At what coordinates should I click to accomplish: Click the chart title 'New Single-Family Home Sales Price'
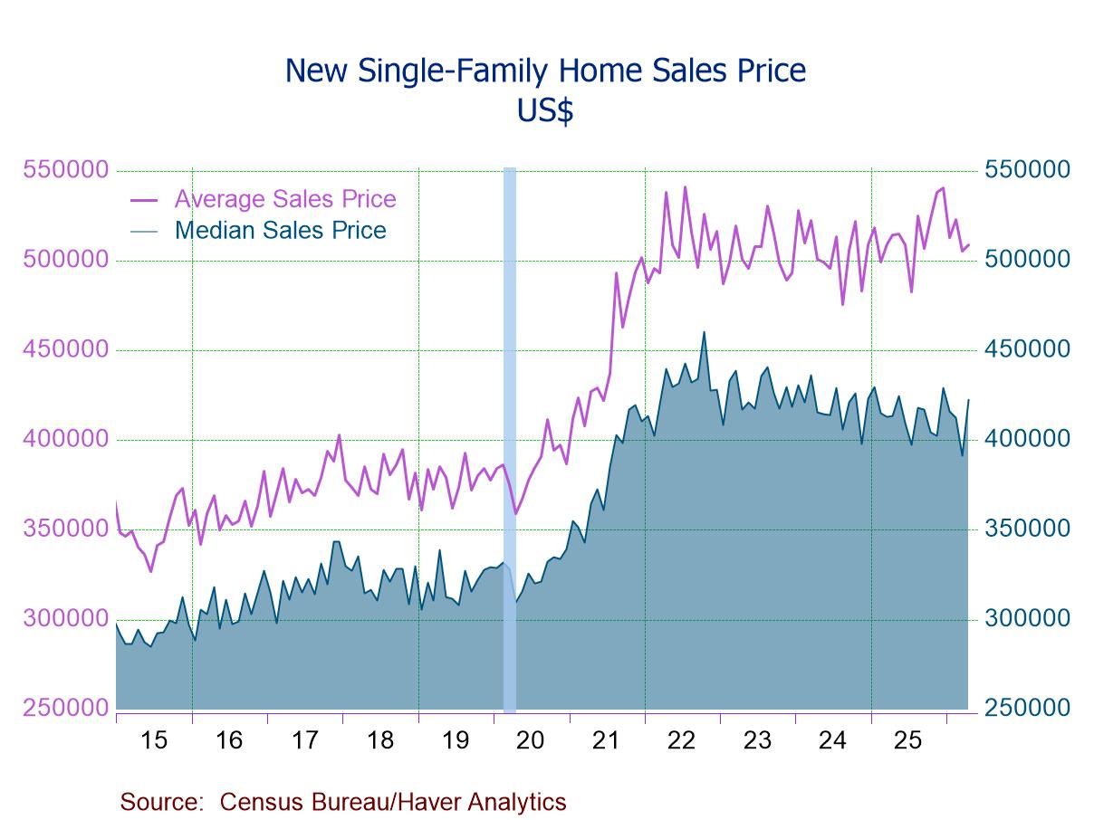545,71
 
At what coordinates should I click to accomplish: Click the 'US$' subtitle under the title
545,110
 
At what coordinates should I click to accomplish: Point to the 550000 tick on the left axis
66,169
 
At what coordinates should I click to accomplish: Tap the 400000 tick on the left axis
66,439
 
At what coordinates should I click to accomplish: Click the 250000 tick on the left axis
66,708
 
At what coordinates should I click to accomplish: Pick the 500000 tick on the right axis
1027,259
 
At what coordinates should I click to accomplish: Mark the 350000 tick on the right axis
1027,529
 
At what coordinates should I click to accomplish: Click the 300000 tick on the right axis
1027,618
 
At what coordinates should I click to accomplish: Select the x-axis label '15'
154,740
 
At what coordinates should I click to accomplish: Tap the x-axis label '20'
530,740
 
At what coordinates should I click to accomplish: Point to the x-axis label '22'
681,740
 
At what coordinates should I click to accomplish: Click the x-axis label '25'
907,740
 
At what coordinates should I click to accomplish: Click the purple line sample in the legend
144,200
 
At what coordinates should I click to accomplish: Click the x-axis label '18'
380,740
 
